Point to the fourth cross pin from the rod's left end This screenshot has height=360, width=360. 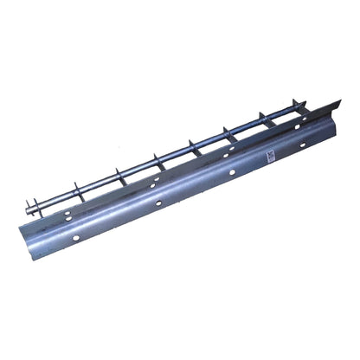pyautogui.click(x=157, y=157)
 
